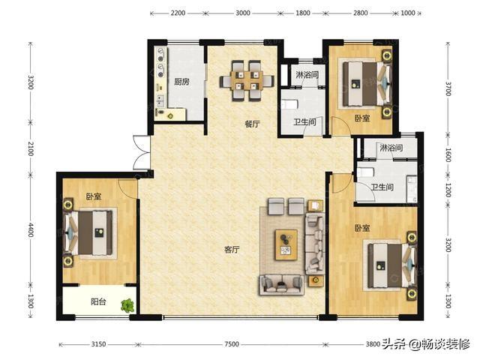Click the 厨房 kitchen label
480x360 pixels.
tap(181, 82)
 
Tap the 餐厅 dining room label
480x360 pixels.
tap(252, 124)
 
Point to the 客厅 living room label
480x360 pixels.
tap(232, 250)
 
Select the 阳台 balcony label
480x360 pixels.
tap(98, 301)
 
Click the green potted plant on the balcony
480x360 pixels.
tap(127, 305)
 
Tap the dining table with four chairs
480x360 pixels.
tap(247, 81)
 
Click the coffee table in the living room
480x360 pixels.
tap(286, 244)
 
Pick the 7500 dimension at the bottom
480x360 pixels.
tap(232, 344)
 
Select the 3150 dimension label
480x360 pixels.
tap(98, 344)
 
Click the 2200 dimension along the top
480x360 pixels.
tap(178, 13)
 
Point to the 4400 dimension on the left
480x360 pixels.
tap(31, 230)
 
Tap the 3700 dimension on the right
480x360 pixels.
tap(448, 88)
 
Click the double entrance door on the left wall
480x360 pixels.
tap(142, 152)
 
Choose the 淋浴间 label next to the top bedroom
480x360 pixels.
tap(307, 75)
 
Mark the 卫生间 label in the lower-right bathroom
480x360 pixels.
tap(382, 187)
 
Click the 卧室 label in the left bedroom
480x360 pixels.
tap(94, 196)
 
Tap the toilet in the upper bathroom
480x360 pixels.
tap(289, 105)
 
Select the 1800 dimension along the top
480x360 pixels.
tap(303, 13)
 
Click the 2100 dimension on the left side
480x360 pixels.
tap(31, 148)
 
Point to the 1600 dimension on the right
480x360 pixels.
tap(448, 155)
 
